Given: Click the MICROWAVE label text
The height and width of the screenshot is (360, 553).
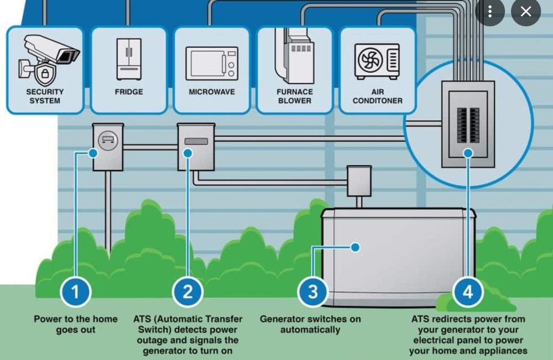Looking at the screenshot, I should click(x=212, y=92).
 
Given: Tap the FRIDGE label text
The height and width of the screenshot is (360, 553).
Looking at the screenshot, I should click(x=129, y=92).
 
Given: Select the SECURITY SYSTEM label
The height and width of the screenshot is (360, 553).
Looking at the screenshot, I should click(x=45, y=96).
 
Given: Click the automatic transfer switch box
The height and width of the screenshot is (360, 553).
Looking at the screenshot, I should click(x=196, y=147).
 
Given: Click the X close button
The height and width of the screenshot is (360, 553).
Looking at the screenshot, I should click(x=525, y=12).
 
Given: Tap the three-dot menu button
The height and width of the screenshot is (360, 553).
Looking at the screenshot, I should click(x=489, y=12).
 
